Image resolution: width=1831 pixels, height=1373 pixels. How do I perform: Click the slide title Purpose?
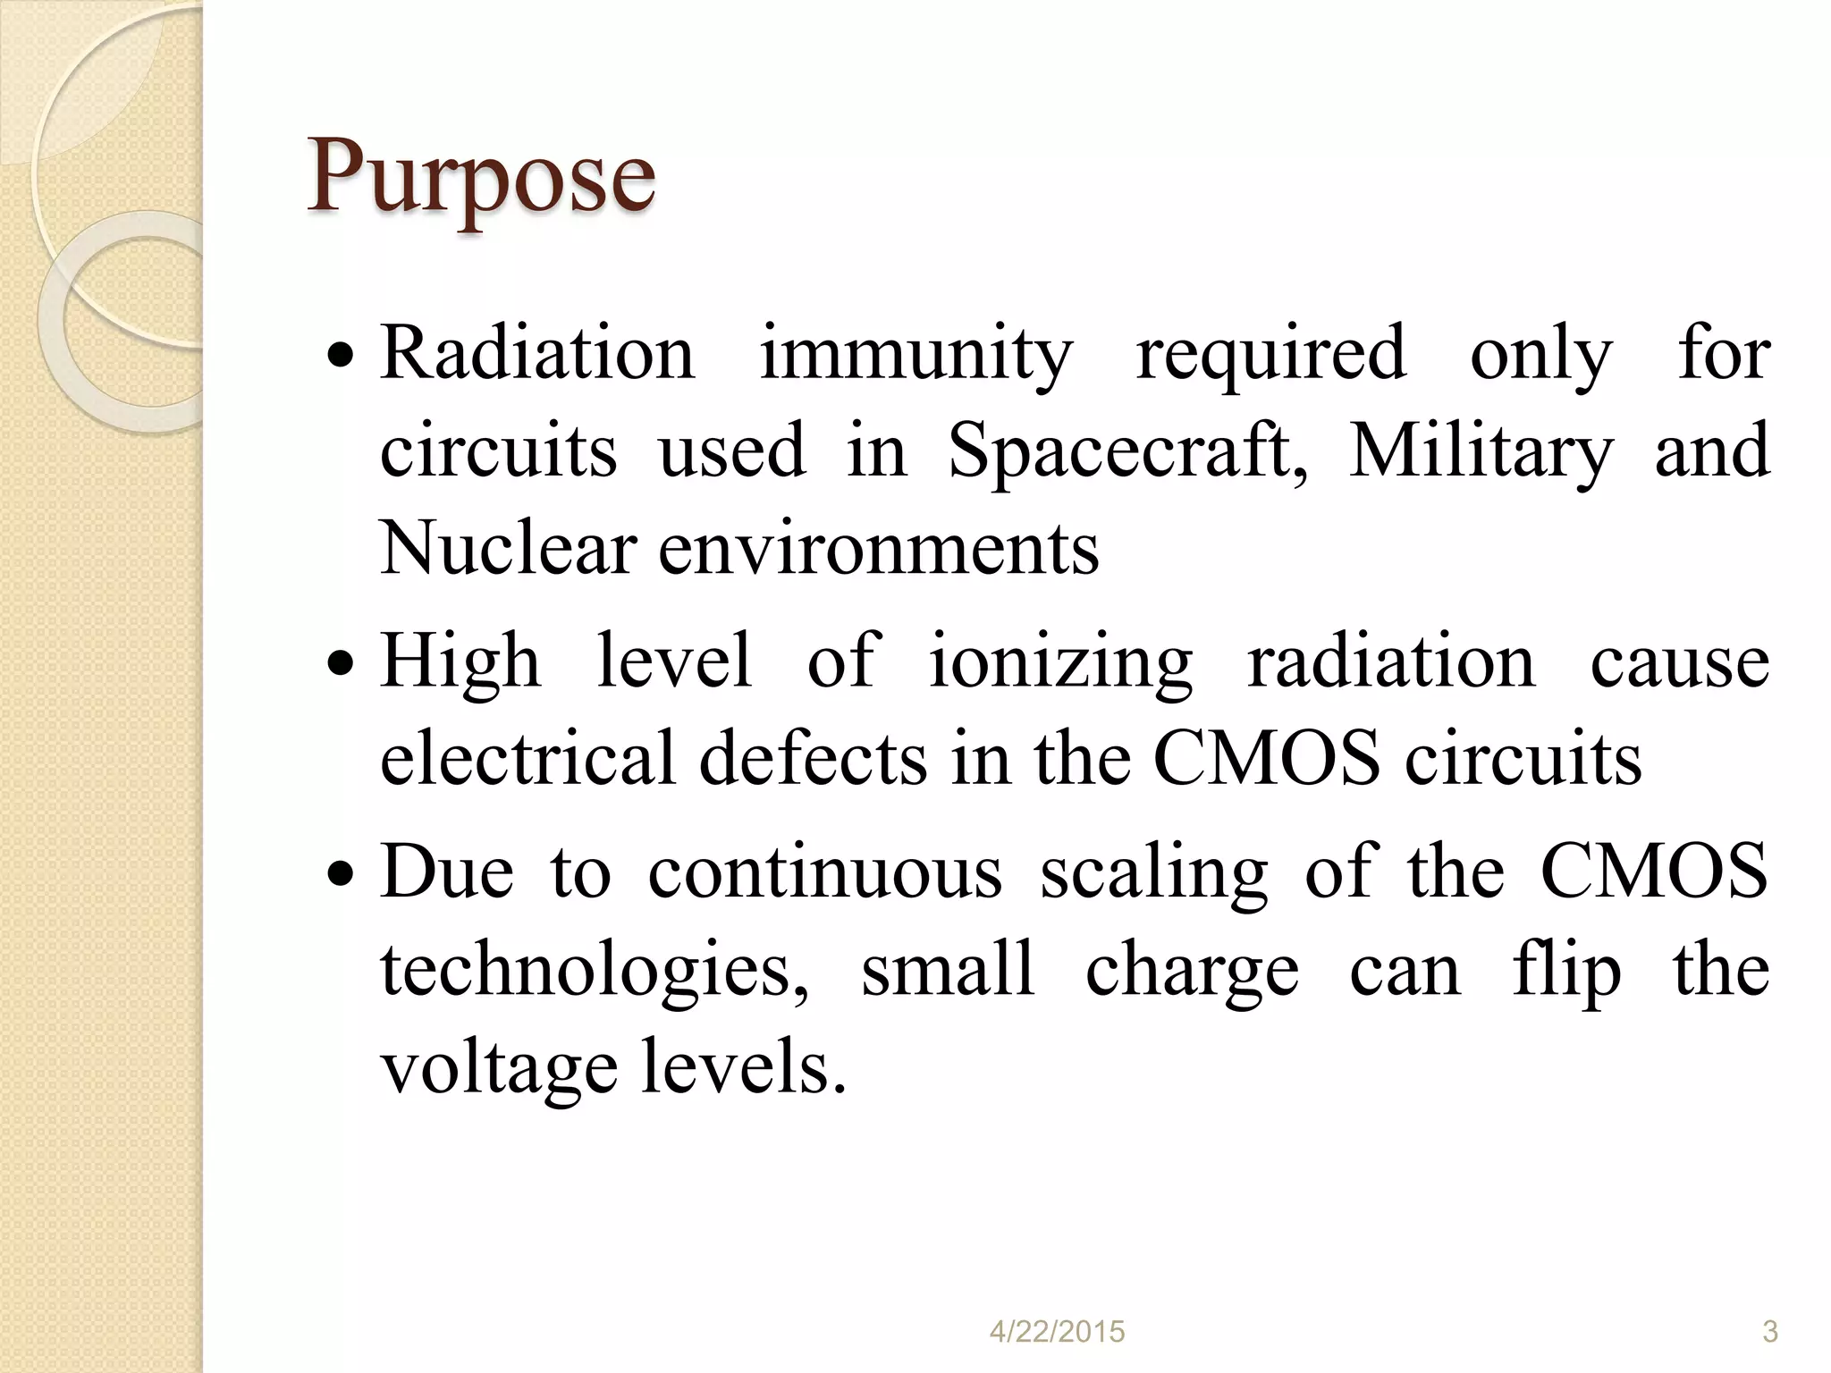click(x=481, y=178)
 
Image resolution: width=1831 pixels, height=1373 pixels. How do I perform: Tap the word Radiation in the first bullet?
click(x=537, y=354)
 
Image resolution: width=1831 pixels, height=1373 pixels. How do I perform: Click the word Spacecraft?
click(x=1128, y=452)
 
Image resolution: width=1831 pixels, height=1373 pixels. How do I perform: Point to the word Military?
click(x=1481, y=452)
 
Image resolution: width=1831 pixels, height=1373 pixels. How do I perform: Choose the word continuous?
click(x=825, y=872)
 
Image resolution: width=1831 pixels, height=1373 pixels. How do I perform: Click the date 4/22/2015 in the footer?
click(x=1057, y=1332)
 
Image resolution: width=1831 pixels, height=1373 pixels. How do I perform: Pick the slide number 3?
click(x=1769, y=1332)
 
